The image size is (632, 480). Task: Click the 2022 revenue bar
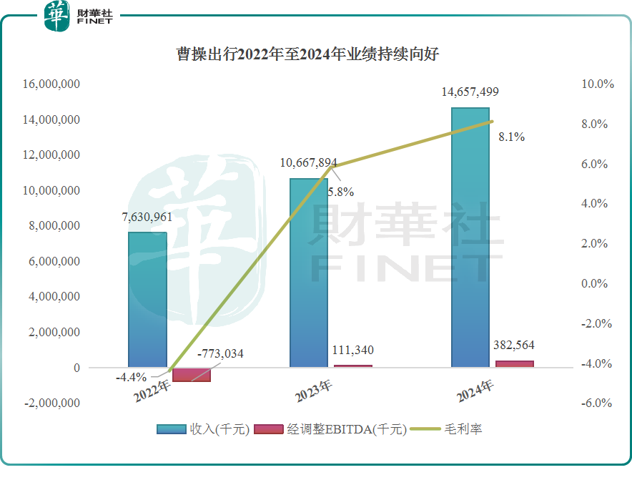click(147, 300)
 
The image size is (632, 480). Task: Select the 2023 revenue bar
click(309, 273)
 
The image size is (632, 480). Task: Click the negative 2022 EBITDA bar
click(192, 375)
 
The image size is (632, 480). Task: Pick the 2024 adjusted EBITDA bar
click(515, 363)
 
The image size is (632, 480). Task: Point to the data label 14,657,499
click(470, 92)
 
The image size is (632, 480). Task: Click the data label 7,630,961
click(147, 218)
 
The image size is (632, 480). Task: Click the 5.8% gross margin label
click(340, 192)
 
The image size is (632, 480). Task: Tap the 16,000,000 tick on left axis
click(51, 84)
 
